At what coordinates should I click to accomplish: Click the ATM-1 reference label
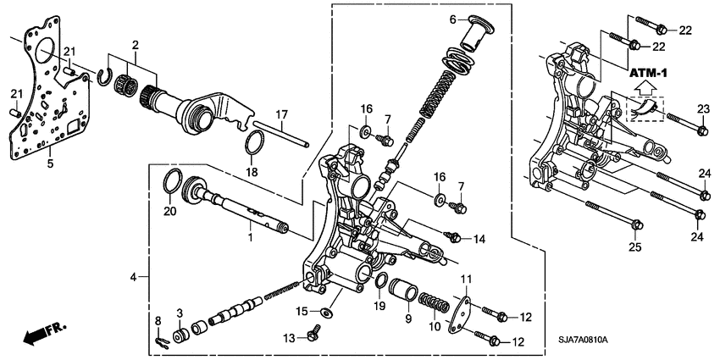(647, 73)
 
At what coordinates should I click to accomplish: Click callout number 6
(453, 19)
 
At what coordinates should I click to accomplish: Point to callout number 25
(635, 247)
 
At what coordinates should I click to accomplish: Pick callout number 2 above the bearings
(134, 44)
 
